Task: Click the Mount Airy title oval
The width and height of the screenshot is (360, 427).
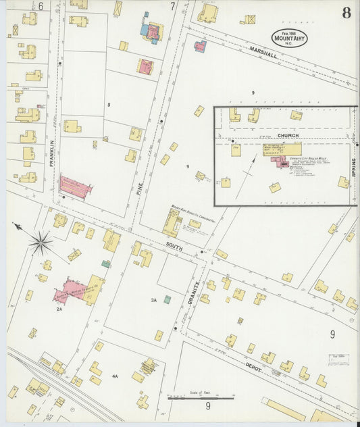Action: (290, 38)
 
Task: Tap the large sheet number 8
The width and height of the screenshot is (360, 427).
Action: (346, 12)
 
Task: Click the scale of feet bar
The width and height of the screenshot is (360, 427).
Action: (201, 399)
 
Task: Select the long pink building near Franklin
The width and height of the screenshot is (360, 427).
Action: (76, 187)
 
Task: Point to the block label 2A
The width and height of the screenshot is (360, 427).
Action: (59, 309)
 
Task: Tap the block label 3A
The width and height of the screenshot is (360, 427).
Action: (153, 300)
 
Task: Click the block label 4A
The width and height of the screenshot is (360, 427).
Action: (115, 376)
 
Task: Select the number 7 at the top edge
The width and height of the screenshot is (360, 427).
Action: (172, 6)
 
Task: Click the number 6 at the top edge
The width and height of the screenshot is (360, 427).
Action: (41, 6)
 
